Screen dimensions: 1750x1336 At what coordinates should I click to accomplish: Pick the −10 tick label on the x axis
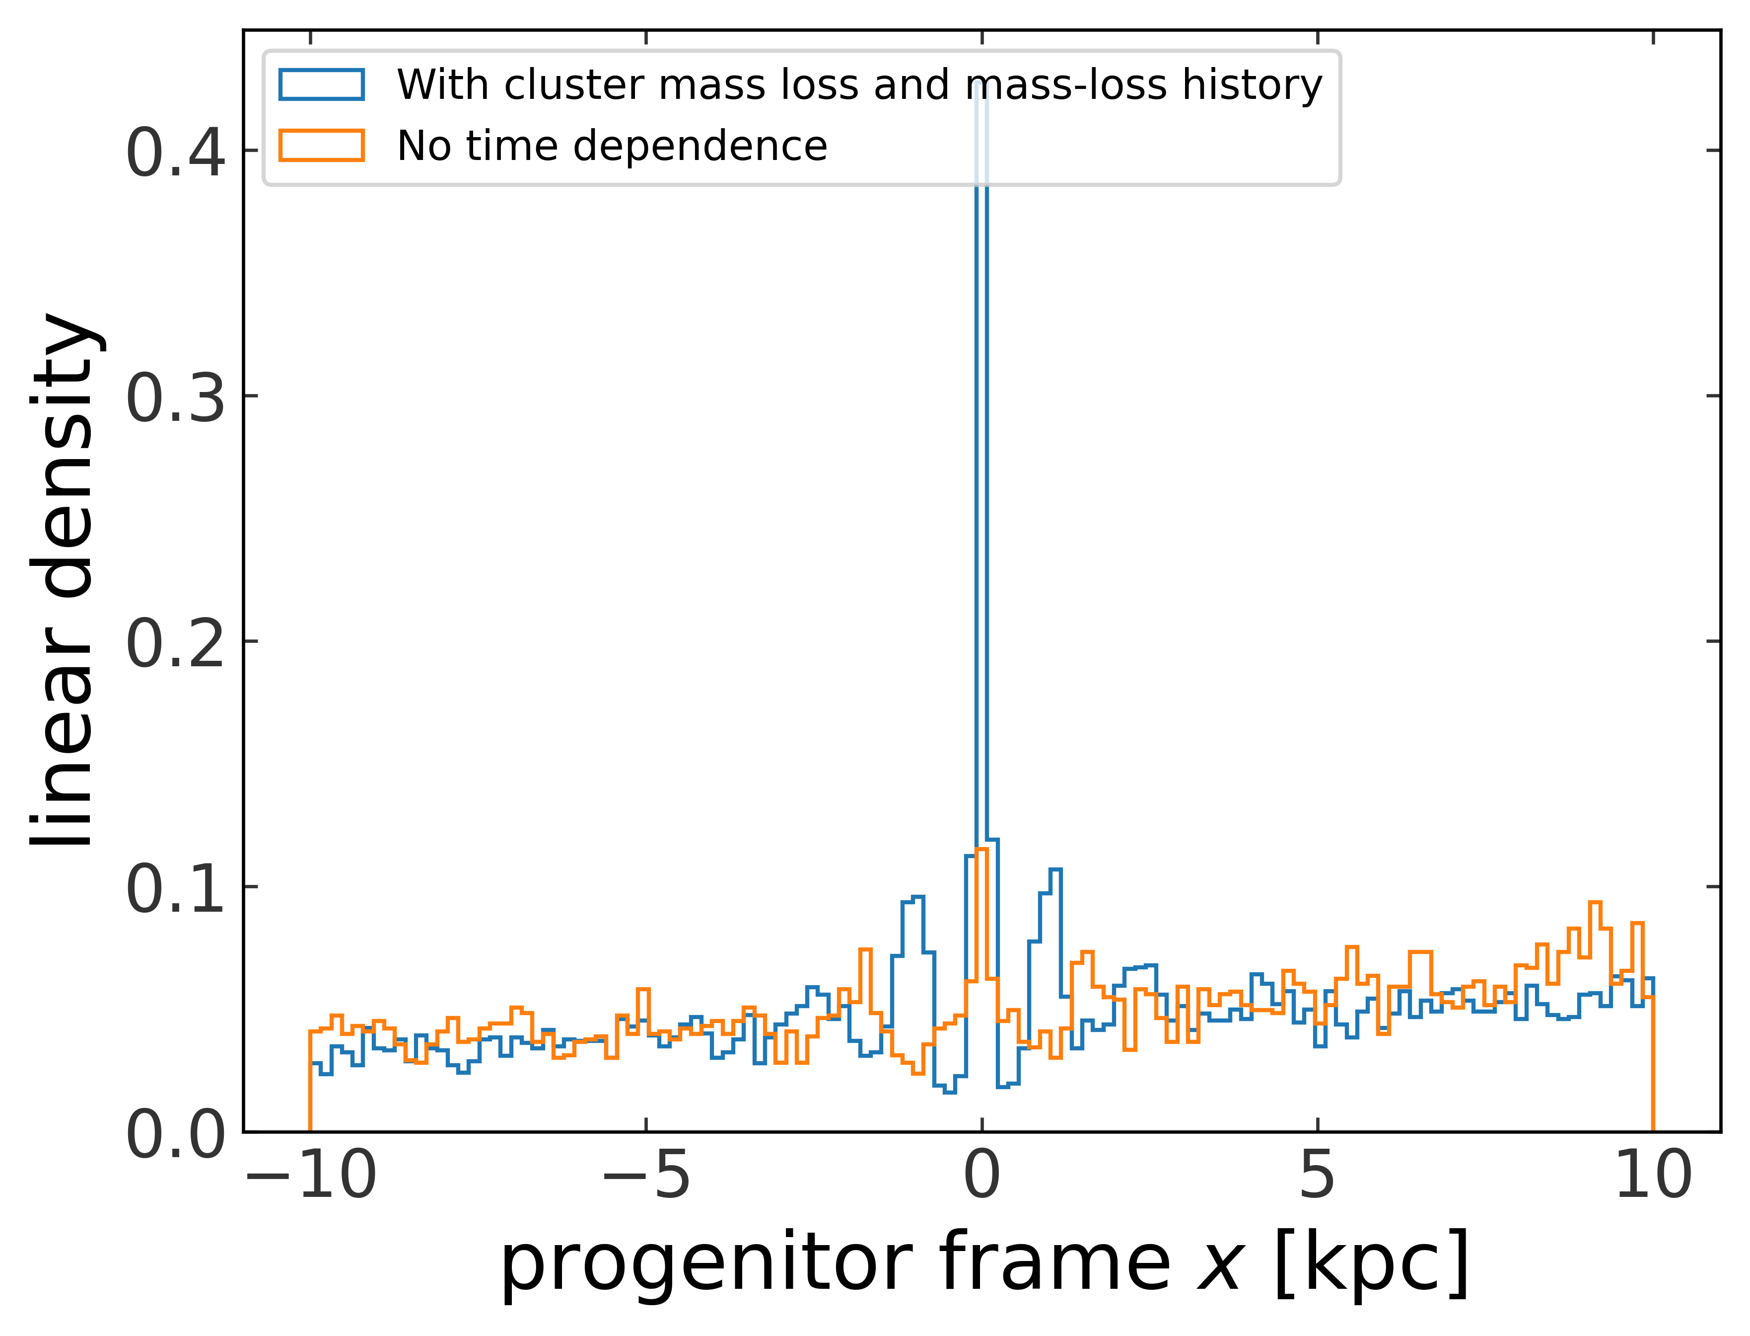pyautogui.click(x=311, y=1176)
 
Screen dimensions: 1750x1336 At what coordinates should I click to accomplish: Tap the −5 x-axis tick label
pyautogui.click(x=645, y=1176)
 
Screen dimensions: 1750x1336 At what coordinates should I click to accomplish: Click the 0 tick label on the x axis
pyautogui.click(x=982, y=1176)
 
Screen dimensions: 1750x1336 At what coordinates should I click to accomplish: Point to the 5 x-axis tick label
pyautogui.click(x=1318, y=1176)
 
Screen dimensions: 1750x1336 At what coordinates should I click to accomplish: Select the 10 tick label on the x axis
pyautogui.click(x=1653, y=1176)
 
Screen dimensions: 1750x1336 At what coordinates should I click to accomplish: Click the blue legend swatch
pyautogui.click(x=322, y=85)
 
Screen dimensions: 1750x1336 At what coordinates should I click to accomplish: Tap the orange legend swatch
pyautogui.click(x=322, y=146)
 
